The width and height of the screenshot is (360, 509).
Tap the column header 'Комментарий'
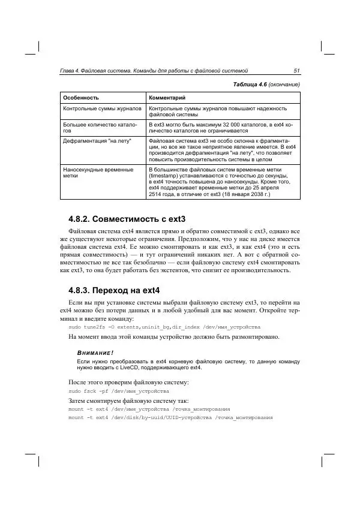coord(167,97)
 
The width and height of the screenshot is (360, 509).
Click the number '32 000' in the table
coord(228,123)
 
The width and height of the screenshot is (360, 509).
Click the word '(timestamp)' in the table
coord(164,176)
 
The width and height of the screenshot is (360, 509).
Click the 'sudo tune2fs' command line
coord(164,328)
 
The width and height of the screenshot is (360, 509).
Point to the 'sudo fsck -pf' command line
coord(114,390)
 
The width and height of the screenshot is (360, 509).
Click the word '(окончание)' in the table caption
coord(284,84)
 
